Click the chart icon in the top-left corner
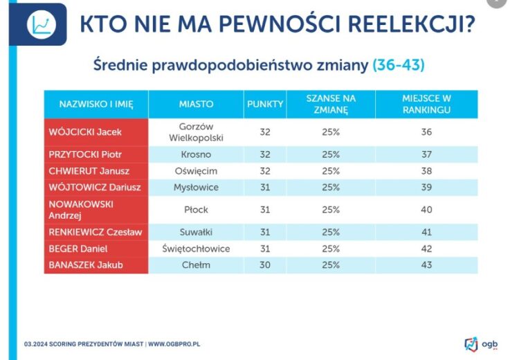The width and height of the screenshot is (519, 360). click(x=41, y=25)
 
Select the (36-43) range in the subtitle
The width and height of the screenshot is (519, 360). click(x=398, y=65)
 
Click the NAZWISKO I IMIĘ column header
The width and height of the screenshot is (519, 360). click(x=95, y=104)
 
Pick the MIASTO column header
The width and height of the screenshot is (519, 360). click(x=196, y=104)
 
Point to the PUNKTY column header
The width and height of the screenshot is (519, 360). click(x=265, y=104)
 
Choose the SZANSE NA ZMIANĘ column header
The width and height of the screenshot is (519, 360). click(x=331, y=104)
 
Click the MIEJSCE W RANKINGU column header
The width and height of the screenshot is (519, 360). click(x=427, y=104)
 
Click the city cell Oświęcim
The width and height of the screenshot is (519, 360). click(x=196, y=170)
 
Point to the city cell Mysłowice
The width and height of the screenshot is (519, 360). click(x=196, y=187)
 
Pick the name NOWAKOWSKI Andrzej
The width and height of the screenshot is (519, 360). click(x=81, y=209)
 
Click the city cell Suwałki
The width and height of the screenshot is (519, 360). click(x=196, y=232)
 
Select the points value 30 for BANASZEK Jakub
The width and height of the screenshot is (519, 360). click(x=265, y=264)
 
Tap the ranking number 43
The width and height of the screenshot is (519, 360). click(x=427, y=264)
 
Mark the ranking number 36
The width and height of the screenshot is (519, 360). click(x=427, y=132)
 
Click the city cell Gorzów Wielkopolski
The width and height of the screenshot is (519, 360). click(x=196, y=132)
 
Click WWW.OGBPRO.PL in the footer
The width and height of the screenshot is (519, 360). click(x=174, y=343)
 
